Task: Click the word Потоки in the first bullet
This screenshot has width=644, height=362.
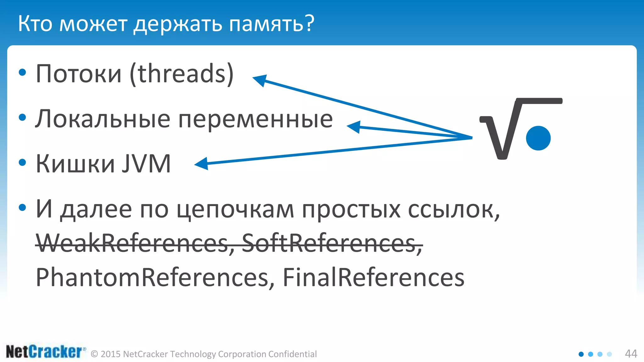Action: pyautogui.click(x=79, y=74)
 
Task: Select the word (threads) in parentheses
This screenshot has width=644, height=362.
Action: pyautogui.click(x=182, y=74)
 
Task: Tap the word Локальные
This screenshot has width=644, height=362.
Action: pyautogui.click(x=103, y=119)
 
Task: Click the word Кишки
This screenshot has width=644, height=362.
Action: pyautogui.click(x=75, y=164)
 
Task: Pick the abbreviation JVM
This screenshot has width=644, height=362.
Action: pyautogui.click(x=147, y=164)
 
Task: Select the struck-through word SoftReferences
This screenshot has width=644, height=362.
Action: pyautogui.click(x=332, y=244)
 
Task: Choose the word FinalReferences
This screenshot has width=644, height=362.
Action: pyautogui.click(x=373, y=277)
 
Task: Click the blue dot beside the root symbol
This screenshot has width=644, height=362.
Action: pyautogui.click(x=538, y=138)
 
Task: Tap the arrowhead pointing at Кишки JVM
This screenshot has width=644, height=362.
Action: pyautogui.click(x=202, y=164)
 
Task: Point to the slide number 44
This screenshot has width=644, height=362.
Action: pyautogui.click(x=631, y=354)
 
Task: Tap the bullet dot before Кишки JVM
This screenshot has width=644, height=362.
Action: pyautogui.click(x=22, y=162)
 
